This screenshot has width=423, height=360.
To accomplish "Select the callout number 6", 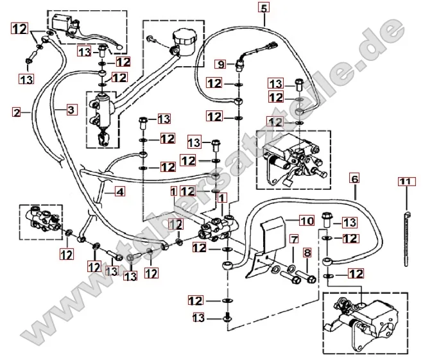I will point(354,177).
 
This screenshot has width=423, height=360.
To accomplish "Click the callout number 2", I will point(16,112).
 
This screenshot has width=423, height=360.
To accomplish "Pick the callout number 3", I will point(71,110).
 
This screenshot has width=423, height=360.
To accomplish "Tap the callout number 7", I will point(293,239).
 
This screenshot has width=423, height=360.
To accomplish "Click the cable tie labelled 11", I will point(406,234).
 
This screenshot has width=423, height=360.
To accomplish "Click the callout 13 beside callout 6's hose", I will point(349,222).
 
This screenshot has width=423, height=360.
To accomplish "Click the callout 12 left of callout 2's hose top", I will point(19,28).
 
